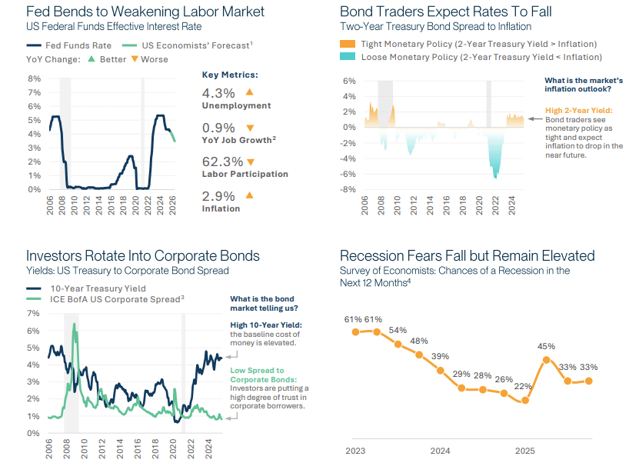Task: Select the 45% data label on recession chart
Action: click(547, 345)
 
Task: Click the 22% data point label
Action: click(524, 386)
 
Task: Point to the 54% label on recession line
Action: click(398, 330)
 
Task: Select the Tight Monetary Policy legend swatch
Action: click(348, 44)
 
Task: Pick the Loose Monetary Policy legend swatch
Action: click(348, 57)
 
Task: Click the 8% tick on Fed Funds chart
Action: click(34, 78)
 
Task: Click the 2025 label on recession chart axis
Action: click(524, 451)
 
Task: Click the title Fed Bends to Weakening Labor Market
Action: click(145, 12)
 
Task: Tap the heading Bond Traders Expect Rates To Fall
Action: click(445, 12)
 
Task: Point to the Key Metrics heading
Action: click(230, 75)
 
